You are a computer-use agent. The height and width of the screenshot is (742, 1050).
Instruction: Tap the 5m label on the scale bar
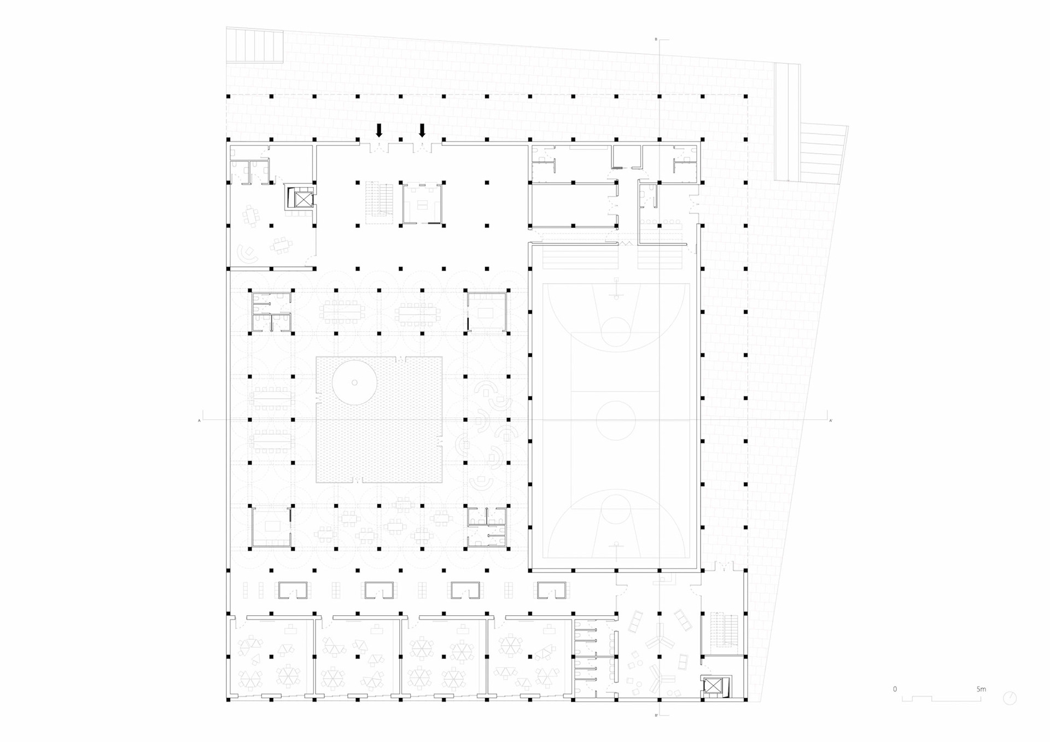tap(981, 689)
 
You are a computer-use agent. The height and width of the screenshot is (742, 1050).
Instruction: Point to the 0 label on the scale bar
tap(895, 689)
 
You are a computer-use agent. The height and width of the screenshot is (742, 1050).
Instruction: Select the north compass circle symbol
tap(1010, 698)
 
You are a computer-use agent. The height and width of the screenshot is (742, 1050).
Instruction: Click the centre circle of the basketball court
tap(616, 420)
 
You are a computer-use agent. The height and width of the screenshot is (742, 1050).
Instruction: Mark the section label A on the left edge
tap(200, 420)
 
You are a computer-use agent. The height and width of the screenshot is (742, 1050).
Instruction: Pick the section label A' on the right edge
tap(831, 420)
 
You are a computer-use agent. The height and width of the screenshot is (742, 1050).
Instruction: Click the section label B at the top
tap(656, 39)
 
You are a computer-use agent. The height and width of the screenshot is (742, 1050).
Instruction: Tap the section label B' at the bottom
tap(656, 715)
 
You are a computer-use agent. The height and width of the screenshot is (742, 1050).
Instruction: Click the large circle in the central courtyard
tap(354, 382)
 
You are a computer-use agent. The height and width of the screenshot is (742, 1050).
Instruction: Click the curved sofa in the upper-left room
tap(247, 254)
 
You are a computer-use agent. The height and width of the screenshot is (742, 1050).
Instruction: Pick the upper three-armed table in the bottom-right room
tap(659, 638)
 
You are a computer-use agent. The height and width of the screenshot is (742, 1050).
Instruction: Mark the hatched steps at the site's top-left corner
tap(255, 45)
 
